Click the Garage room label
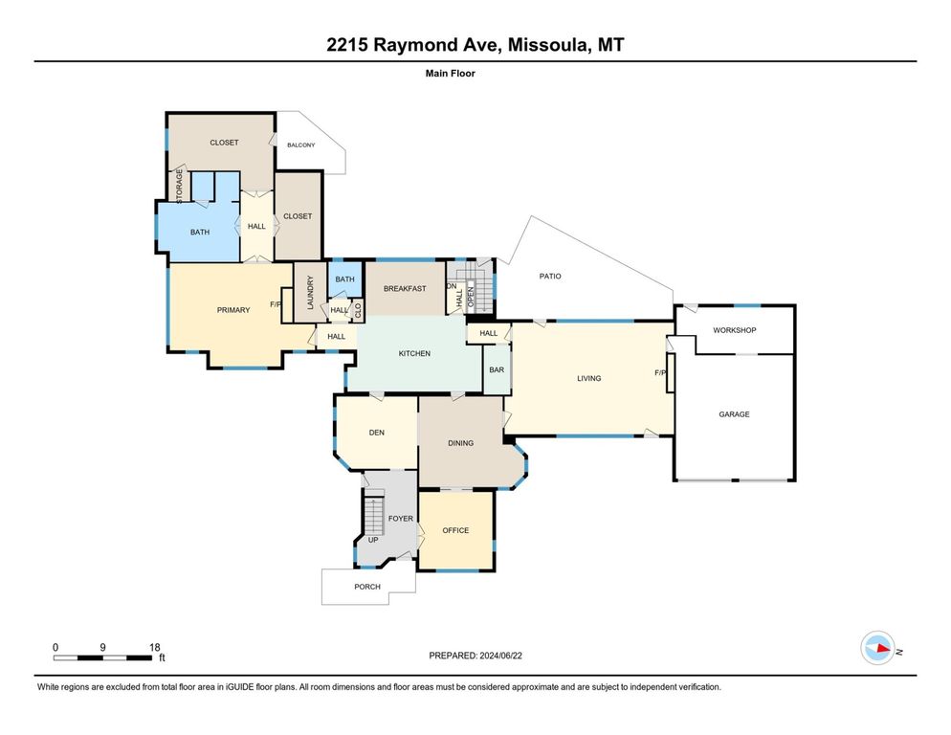point(734,414)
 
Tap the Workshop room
point(734,330)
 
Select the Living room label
point(588,378)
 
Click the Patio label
point(549,277)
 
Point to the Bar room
point(496,369)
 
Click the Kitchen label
point(414,353)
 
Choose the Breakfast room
point(404,288)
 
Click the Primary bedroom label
point(233,309)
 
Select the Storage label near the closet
point(179,185)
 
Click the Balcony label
point(301,145)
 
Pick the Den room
point(376,433)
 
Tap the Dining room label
point(460,443)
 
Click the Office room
point(455,530)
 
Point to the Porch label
point(366,587)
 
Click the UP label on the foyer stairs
point(373,539)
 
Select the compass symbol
point(876,650)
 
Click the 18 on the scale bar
point(155,647)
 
